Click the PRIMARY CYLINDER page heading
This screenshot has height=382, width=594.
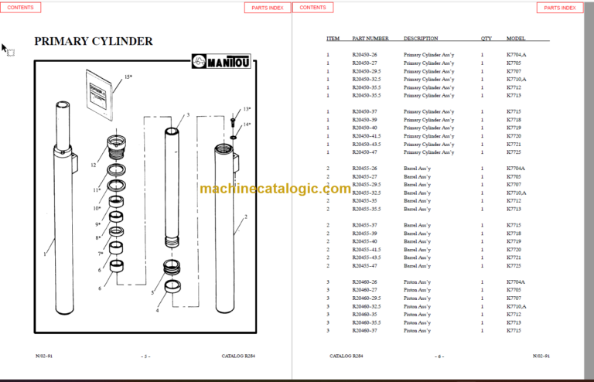pos(94,42)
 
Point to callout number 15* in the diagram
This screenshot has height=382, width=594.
pos(128,77)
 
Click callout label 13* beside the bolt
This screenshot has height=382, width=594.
pos(247,110)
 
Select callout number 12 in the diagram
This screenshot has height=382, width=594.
pos(93,165)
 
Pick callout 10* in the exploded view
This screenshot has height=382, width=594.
pos(97,208)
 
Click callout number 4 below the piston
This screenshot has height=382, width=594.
pos(158,310)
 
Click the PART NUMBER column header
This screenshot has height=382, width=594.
pos(370,39)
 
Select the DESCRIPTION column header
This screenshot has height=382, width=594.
pos(421,39)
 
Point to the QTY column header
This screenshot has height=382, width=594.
pos(486,39)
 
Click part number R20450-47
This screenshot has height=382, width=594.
pos(366,152)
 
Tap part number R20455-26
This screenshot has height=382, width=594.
pos(364,169)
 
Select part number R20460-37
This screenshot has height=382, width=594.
pos(364,331)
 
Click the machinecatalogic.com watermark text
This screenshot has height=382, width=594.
pos(275,188)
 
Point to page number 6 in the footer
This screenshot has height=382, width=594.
pos(439,356)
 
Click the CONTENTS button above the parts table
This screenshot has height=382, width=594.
pos(312,8)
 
